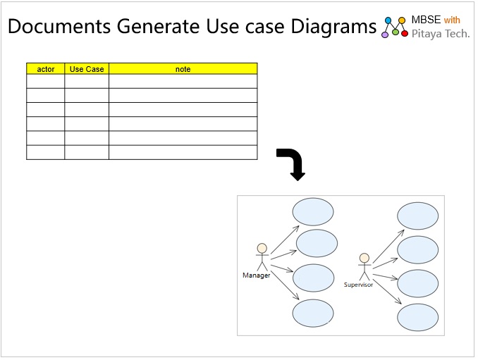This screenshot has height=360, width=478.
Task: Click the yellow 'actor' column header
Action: (45, 69)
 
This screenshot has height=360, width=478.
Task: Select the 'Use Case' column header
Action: (87, 69)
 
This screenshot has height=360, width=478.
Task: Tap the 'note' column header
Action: (183, 69)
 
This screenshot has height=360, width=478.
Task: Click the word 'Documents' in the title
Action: (59, 26)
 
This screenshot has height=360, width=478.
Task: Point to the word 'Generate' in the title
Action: (158, 26)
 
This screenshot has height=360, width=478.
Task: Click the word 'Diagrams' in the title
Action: (333, 27)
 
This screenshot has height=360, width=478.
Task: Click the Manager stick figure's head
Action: (262, 248)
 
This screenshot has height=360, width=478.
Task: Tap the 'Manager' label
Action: (257, 275)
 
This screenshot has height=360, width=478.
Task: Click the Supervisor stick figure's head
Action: (364, 258)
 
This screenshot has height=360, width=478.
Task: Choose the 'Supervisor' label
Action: (358, 285)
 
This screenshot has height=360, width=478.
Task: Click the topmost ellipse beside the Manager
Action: (313, 211)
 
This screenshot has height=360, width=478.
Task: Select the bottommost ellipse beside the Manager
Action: (313, 313)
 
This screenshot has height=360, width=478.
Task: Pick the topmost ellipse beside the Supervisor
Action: (417, 216)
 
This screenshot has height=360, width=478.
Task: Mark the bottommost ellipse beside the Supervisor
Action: (417, 317)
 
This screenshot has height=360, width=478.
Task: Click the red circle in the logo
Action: (405, 34)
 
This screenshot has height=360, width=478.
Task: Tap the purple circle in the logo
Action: (385, 35)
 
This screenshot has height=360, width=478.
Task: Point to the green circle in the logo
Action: (396, 32)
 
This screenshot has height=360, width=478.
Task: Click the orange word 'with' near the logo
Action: (452, 20)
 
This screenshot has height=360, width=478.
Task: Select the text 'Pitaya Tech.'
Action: (441, 34)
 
